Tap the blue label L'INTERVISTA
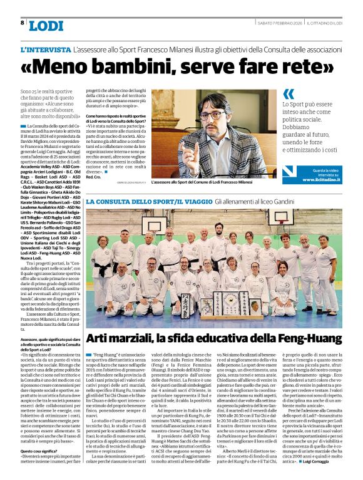coord(45,49)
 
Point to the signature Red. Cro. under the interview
coord(93,177)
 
